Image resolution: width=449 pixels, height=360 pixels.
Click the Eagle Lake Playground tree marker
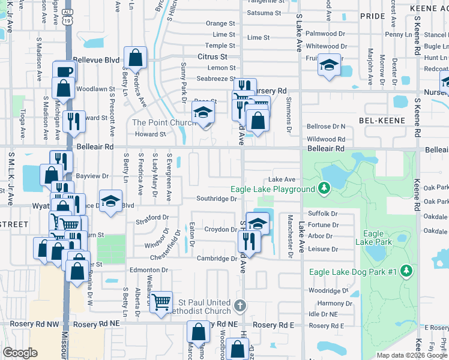(x=324, y=189)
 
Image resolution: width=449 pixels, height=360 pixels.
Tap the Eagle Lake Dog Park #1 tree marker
(x=407, y=272)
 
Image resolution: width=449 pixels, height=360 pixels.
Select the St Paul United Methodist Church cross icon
(x=240, y=306)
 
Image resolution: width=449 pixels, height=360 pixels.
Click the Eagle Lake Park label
(x=373, y=238)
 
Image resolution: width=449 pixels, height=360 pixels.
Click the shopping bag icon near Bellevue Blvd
(x=136, y=58)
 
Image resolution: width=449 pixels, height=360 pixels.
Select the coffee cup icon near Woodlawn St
(x=63, y=71)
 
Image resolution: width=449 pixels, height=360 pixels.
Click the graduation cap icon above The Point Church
(x=203, y=112)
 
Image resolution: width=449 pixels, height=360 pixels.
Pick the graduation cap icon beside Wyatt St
(x=110, y=200)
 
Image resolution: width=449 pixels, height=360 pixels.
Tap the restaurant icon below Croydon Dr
(x=247, y=241)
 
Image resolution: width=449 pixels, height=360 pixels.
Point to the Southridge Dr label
(x=218, y=199)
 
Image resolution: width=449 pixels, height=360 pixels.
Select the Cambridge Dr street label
(x=217, y=259)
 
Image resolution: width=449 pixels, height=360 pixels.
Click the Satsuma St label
(x=264, y=13)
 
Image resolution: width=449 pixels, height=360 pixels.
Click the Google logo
(x=20, y=353)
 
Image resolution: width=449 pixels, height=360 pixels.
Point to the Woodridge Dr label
(x=329, y=290)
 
